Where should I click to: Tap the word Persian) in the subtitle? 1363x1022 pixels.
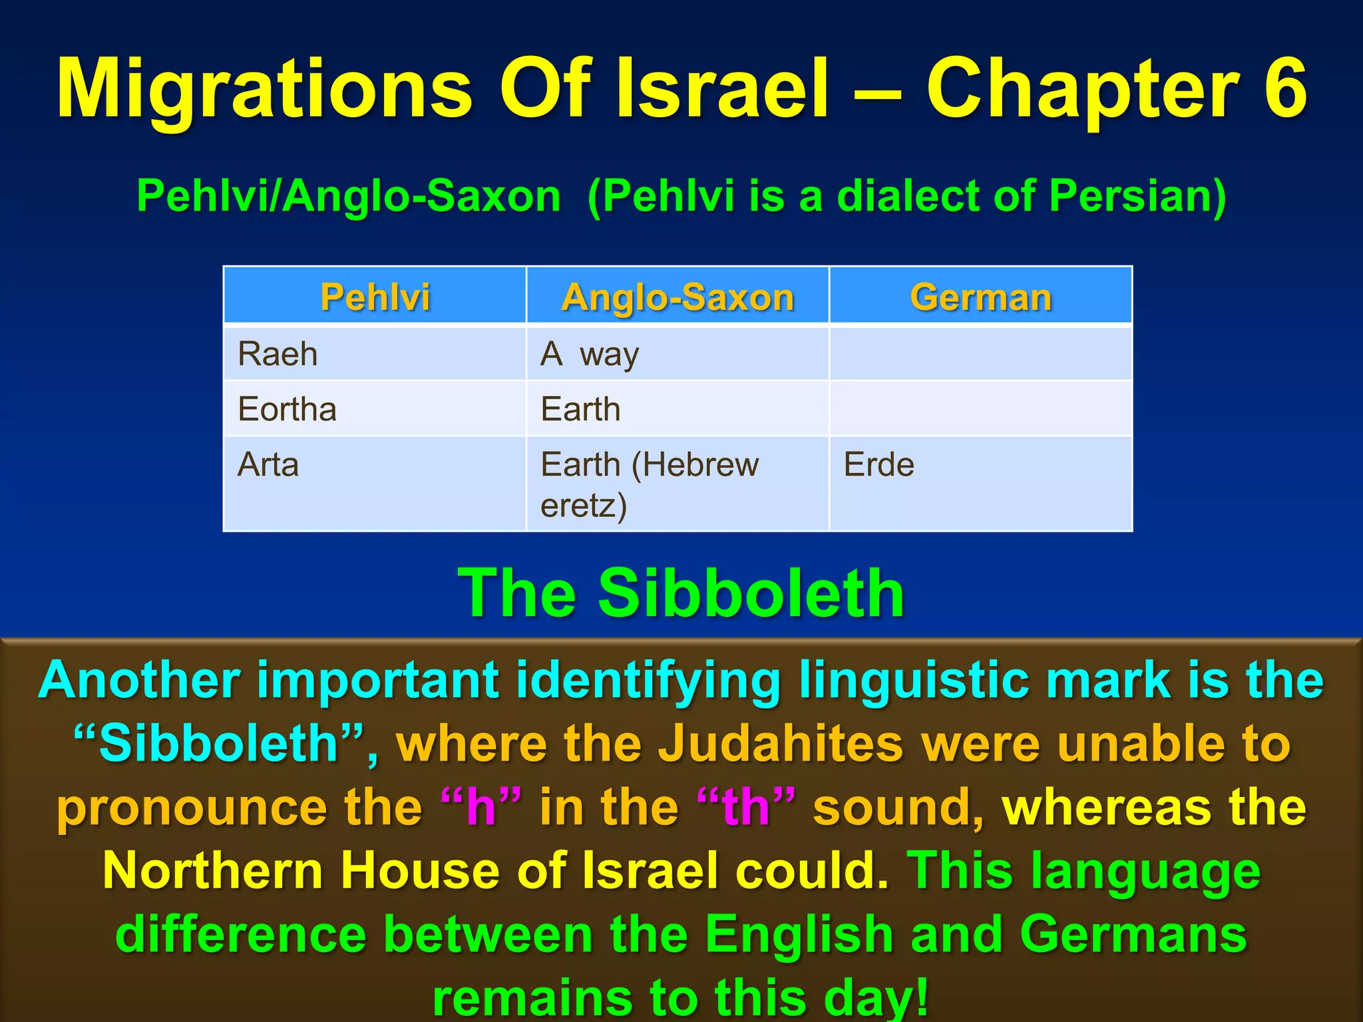[x=1137, y=196]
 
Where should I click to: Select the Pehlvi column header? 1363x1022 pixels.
[x=375, y=297]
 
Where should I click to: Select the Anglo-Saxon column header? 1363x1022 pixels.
[x=678, y=297]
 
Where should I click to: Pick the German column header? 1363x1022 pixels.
[x=980, y=297]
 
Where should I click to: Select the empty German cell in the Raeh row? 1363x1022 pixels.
[x=980, y=353]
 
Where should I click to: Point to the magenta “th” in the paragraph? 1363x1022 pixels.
[x=746, y=806]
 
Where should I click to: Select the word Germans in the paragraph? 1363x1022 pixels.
[x=1133, y=934]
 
